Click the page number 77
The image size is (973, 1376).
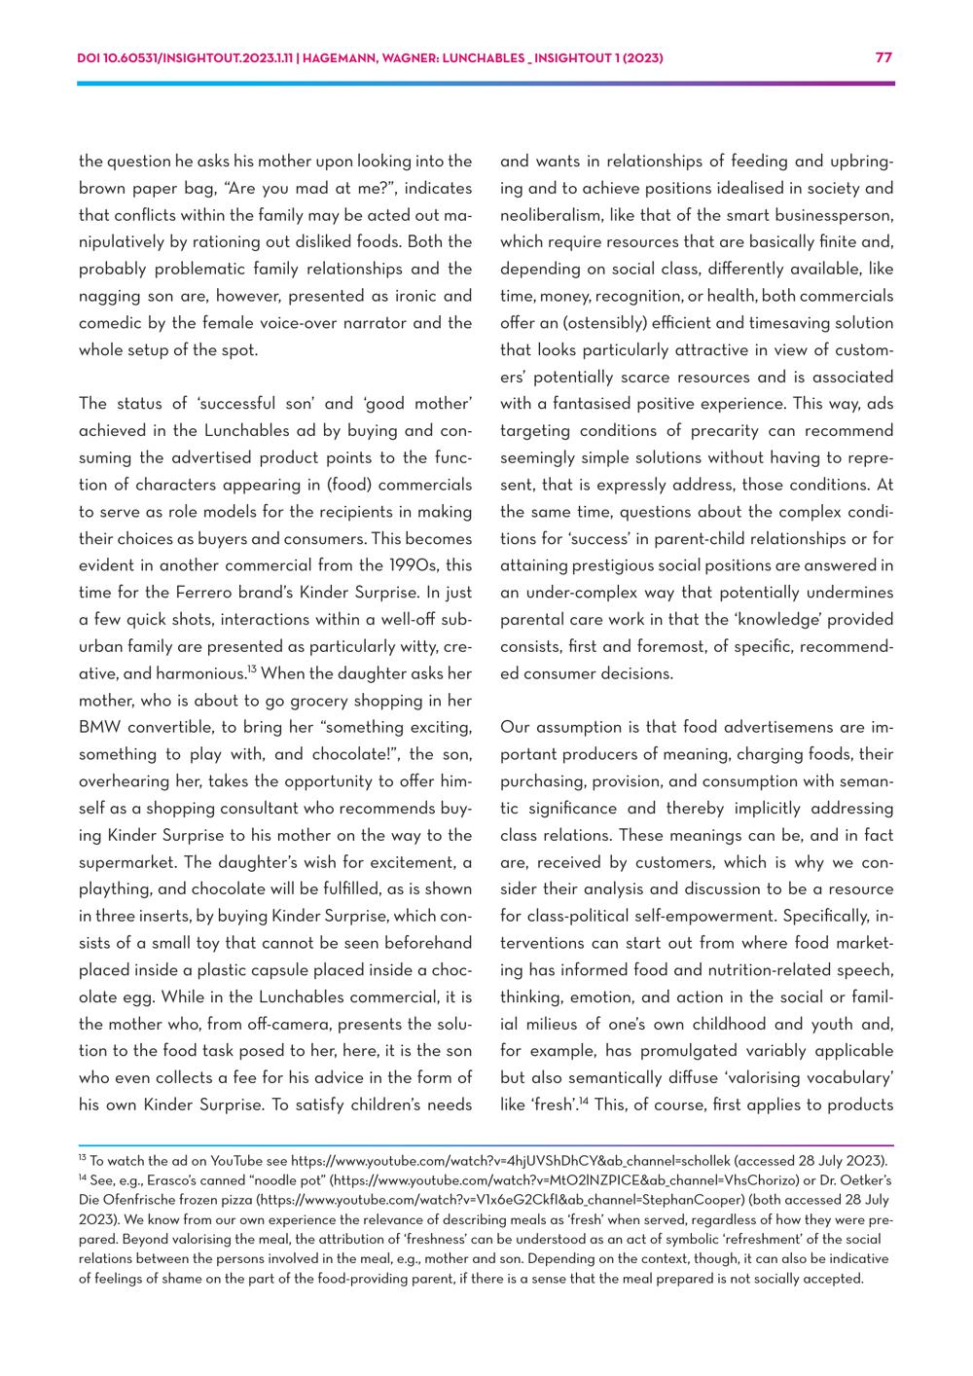click(883, 57)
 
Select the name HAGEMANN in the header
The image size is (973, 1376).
click(343, 58)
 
